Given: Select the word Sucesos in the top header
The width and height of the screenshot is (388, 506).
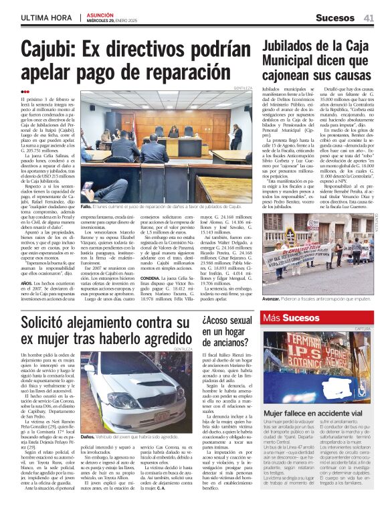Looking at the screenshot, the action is coord(336,17).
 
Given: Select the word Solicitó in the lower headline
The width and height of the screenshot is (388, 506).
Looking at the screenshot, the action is coord(48,323).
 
